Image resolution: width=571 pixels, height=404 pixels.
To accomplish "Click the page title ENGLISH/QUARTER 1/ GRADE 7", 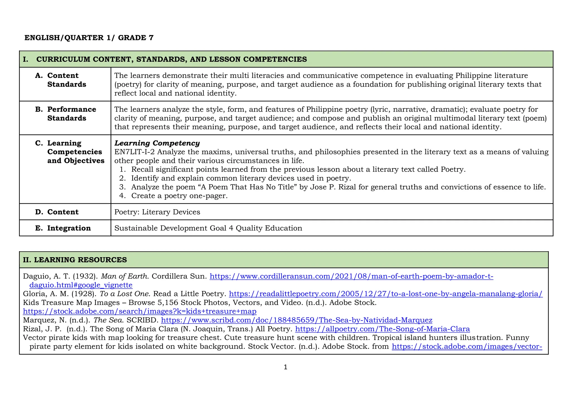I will click(89, 38).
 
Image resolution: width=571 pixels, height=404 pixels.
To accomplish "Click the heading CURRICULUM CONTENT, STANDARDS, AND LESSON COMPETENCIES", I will click(171, 59).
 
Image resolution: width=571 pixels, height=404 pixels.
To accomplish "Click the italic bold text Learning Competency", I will click(157, 143).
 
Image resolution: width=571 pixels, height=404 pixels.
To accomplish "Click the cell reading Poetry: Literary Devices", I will click(157, 212).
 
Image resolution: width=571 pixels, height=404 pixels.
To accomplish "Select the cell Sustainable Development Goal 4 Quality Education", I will click(208, 228).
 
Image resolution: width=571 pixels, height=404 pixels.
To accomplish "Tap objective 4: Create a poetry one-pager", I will click(179, 196).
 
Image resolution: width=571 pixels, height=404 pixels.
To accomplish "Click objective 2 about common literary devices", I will click(241, 178).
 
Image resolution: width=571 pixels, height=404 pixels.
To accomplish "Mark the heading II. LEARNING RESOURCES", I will click(75, 260).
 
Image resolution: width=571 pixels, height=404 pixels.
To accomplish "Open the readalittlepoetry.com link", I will click(386, 294).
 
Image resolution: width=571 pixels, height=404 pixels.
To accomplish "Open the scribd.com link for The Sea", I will click(297, 320).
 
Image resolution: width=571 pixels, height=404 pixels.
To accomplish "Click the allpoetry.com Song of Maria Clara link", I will click(382, 329).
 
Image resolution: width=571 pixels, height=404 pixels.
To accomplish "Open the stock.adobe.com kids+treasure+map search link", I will click(140, 311).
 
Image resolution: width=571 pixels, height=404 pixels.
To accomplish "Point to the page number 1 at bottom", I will click(285, 367).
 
